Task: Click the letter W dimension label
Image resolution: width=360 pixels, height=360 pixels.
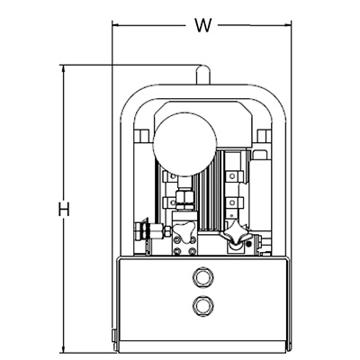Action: pyautogui.click(x=203, y=25)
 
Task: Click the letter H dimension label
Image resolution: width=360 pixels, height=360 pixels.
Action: pyautogui.click(x=64, y=209)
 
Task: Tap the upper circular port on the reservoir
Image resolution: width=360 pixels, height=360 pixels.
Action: pyautogui.click(x=203, y=277)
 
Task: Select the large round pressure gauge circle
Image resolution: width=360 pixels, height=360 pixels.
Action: pyautogui.click(x=184, y=144)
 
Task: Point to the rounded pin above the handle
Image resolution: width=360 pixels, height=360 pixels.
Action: pyautogui.click(x=202, y=75)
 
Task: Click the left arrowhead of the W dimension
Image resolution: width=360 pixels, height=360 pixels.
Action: pyautogui.click(x=114, y=25)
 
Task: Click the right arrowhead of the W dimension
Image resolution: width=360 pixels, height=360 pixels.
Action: pyautogui.click(x=288, y=25)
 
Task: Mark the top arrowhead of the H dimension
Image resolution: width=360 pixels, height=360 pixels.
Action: pyautogui.click(x=63, y=68)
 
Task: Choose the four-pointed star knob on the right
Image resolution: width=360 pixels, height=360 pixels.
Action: pyautogui.click(x=236, y=233)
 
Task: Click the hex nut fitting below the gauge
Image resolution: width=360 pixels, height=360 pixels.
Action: pyautogui.click(x=184, y=197)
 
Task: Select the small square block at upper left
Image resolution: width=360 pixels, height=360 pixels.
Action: pyautogui.click(x=141, y=136)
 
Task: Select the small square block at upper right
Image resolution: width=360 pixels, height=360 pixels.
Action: pyautogui.click(x=265, y=136)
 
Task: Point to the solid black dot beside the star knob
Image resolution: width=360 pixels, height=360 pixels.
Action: pyautogui.click(x=248, y=244)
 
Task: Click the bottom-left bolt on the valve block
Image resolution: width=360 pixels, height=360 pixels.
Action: pyautogui.click(x=178, y=251)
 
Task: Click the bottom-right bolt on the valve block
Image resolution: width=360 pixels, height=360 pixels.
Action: pyautogui.click(x=191, y=251)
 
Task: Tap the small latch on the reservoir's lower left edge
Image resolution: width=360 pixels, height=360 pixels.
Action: pyautogui.click(x=113, y=335)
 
